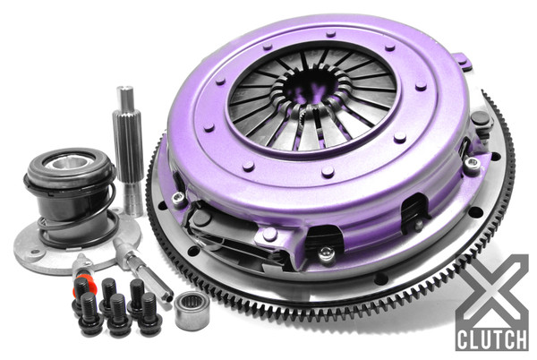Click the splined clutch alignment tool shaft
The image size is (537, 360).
pos(124,148)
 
